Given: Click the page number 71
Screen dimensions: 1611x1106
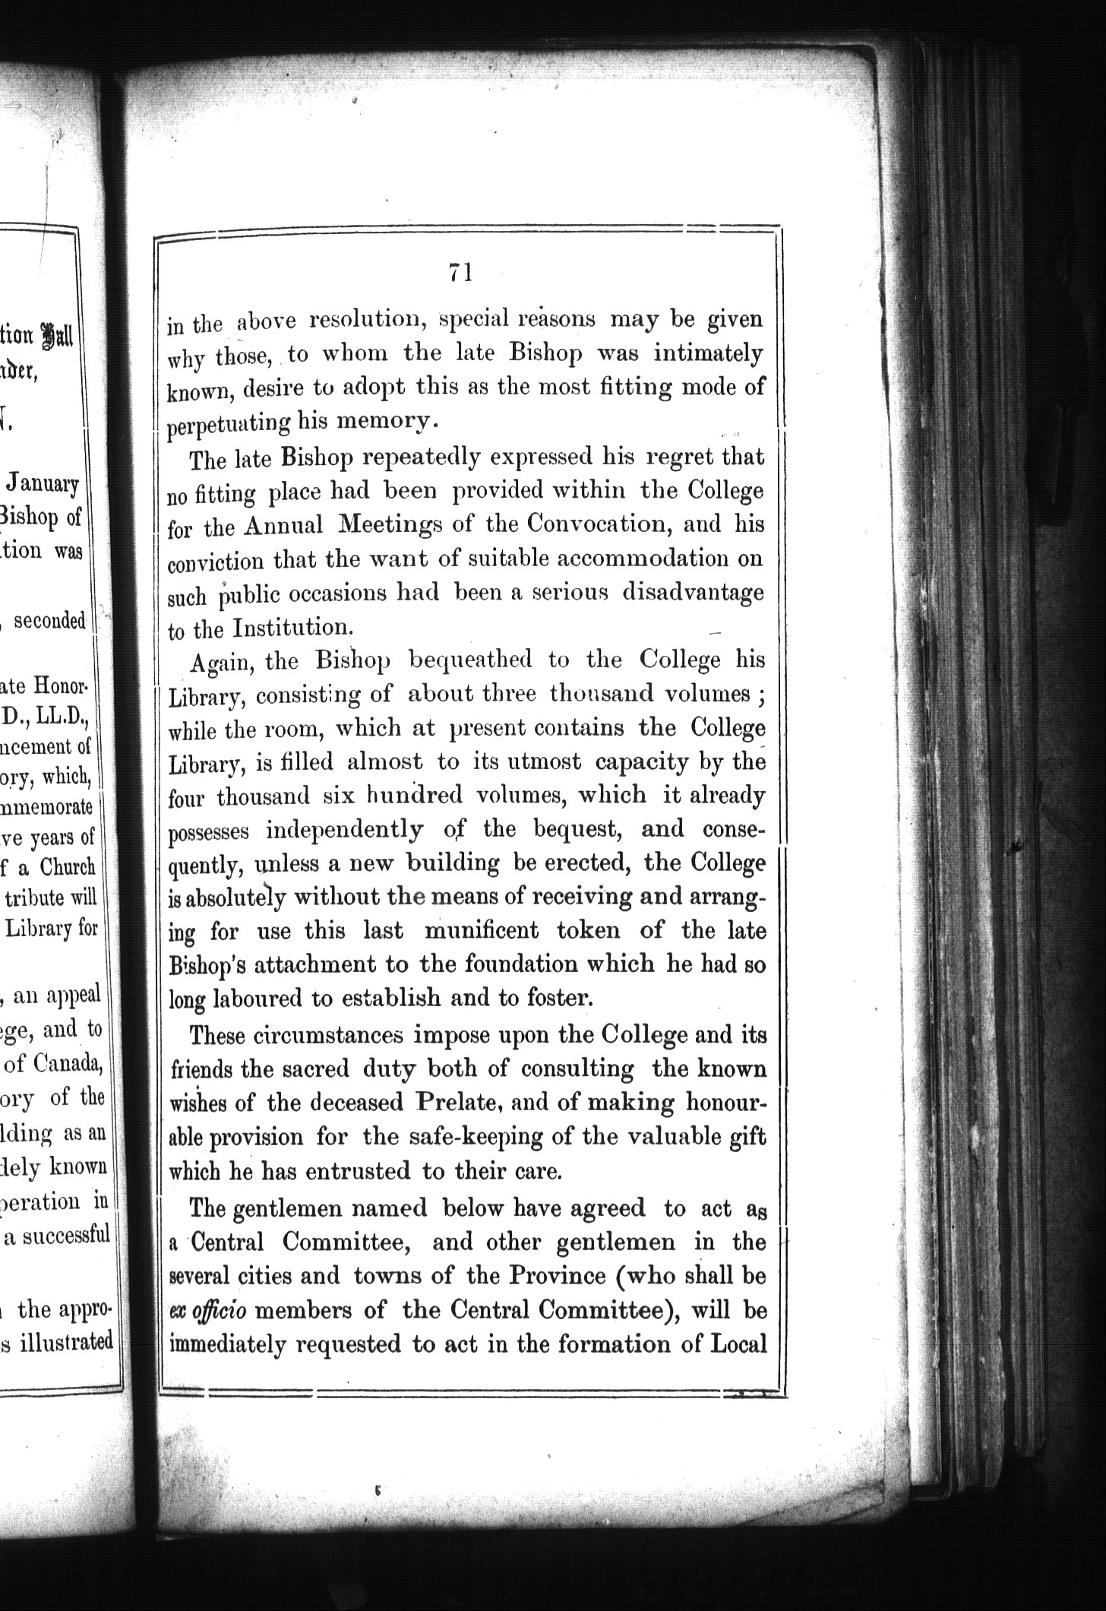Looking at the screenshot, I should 461,272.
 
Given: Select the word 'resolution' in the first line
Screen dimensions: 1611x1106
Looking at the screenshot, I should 367,319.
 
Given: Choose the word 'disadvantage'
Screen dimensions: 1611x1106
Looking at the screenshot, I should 693,593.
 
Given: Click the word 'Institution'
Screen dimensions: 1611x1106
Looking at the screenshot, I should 290,628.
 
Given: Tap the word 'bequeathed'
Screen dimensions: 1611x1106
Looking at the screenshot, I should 471,660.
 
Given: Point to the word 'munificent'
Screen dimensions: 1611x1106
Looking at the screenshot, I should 482,930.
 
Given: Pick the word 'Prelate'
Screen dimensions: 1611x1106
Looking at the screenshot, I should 455,1102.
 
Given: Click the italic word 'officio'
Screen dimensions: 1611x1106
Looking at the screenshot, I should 226,1310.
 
